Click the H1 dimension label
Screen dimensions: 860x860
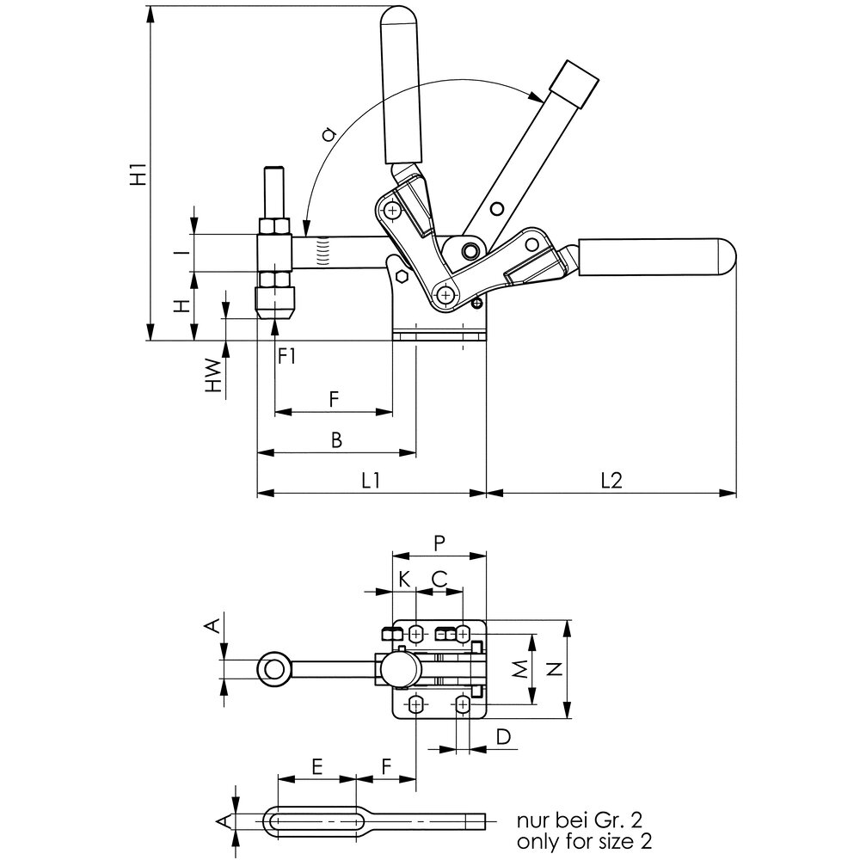[138, 173]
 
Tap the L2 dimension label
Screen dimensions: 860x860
[611, 481]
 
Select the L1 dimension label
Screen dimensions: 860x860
[370, 481]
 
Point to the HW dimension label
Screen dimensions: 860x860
[213, 376]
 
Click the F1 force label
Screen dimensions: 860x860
[286, 357]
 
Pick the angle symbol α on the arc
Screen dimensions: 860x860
[328, 133]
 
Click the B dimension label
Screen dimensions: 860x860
[336, 439]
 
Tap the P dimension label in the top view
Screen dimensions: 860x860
[439, 543]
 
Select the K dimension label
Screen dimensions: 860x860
[404, 579]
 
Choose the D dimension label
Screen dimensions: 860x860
[503, 737]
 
